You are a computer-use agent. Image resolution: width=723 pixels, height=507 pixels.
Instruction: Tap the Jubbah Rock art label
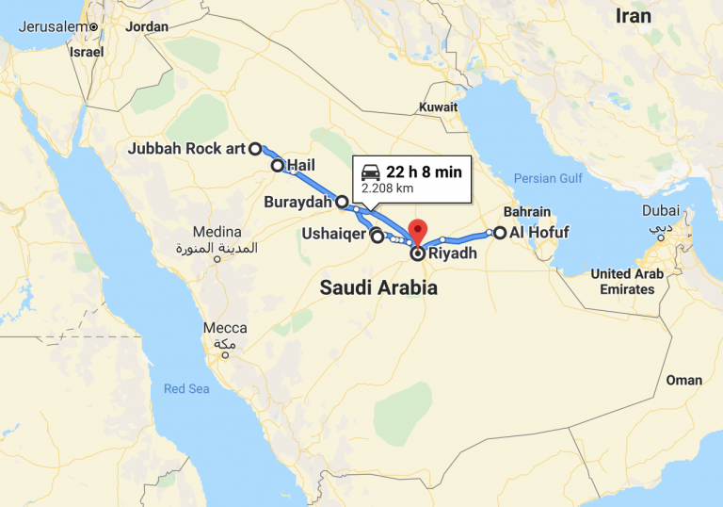tap(186, 149)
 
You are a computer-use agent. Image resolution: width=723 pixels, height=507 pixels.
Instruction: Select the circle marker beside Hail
tap(278, 166)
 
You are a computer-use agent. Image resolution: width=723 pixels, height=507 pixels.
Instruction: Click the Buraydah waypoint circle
tap(343, 202)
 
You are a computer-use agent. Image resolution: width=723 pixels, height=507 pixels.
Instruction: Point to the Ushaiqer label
tap(333, 232)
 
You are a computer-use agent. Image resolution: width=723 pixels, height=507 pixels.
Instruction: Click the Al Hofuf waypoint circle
tap(500, 233)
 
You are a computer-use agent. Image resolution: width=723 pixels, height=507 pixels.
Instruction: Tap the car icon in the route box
tap(371, 172)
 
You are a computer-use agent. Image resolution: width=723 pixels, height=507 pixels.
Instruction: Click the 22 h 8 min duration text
tap(424, 172)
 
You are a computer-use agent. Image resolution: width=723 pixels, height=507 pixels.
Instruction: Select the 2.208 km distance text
tap(388, 188)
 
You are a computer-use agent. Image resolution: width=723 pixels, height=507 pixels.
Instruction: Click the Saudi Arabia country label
tap(378, 288)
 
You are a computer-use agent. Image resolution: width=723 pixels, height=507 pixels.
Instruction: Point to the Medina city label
tap(217, 232)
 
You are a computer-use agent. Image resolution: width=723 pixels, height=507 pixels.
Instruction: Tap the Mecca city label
tap(225, 328)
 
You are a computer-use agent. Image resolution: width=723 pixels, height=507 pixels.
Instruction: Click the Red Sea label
tap(187, 388)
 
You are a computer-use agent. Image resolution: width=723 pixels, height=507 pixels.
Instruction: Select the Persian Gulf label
tap(549, 178)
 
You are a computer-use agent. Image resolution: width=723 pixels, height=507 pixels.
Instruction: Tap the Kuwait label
tap(439, 107)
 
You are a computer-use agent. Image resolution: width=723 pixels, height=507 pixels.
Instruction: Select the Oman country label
tap(683, 380)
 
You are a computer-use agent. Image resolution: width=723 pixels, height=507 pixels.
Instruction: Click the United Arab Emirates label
tap(627, 281)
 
